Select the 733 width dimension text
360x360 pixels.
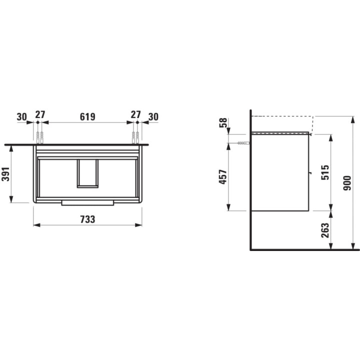click(87, 219)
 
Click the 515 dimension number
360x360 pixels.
click(325, 172)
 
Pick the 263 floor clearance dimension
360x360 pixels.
click(325, 229)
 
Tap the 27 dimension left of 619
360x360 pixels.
click(40, 114)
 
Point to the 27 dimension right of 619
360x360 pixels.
click(135, 114)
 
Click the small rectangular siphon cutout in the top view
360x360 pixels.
click(87, 173)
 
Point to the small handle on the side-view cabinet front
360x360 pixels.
click(310, 173)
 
